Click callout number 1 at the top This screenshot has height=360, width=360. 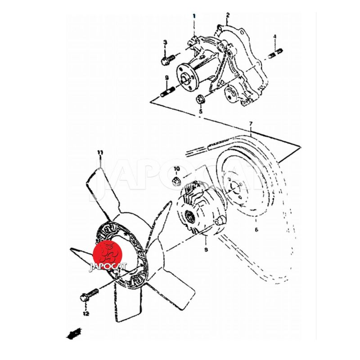pos(194,16)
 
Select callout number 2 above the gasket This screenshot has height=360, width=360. pos(228,15)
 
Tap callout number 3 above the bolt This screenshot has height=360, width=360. pos(165,42)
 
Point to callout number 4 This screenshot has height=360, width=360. pos(274,36)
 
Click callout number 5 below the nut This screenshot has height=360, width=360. pos(201,112)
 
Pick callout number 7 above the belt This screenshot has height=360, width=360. pos(251,124)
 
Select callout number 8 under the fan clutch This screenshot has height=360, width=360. pos(206,249)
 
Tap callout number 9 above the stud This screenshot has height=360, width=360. pos(167,78)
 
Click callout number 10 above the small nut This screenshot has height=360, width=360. pos(176,169)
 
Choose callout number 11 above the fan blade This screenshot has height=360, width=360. pos(100,153)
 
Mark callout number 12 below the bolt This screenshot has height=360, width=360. pos(86,313)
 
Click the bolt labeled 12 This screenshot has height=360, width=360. pos(89,295)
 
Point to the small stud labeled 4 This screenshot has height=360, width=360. pos(275,54)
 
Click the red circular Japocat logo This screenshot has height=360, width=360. pos(107,255)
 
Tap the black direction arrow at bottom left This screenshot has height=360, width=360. pos(74,333)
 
